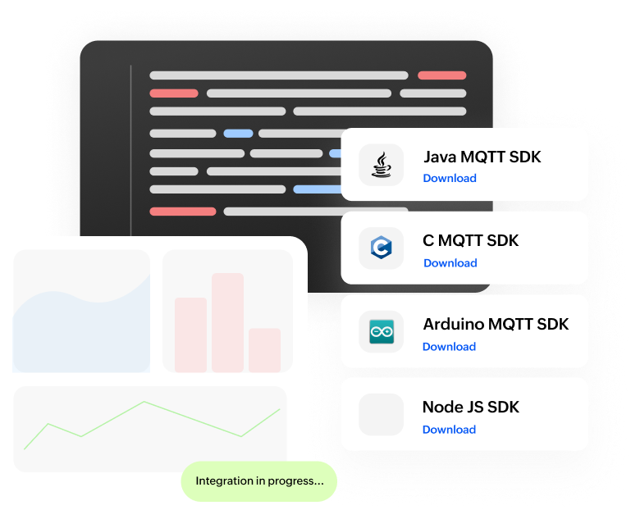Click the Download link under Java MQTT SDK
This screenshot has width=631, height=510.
(x=450, y=179)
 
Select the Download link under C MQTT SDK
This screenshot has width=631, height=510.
(x=450, y=263)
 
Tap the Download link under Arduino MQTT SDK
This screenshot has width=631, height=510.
(x=449, y=347)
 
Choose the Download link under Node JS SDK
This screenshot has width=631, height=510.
(x=449, y=430)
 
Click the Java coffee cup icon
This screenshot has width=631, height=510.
(x=381, y=165)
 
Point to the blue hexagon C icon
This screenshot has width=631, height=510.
(x=381, y=248)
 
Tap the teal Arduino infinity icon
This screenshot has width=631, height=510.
(x=382, y=331)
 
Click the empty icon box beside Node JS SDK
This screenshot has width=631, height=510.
(x=382, y=414)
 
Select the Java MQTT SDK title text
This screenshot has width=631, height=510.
(x=482, y=157)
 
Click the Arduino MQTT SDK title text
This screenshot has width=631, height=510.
(x=496, y=324)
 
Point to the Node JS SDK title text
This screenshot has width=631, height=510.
(x=471, y=407)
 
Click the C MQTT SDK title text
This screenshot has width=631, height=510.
(x=471, y=241)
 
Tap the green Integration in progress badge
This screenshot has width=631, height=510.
(x=259, y=481)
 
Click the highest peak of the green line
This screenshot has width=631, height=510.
(x=145, y=402)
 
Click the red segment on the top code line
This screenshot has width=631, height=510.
(x=441, y=75)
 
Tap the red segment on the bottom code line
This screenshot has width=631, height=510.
(x=182, y=212)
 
